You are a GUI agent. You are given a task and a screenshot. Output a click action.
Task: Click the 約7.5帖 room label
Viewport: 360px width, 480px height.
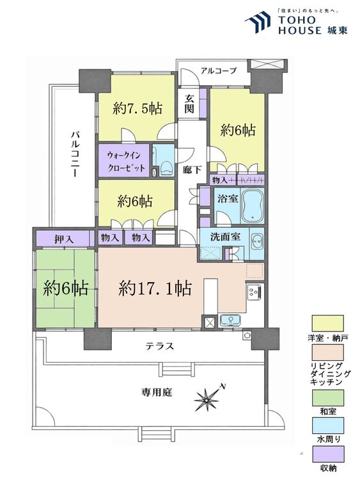point(137,108)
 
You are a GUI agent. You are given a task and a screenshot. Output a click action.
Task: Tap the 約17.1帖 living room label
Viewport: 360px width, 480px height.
point(155,289)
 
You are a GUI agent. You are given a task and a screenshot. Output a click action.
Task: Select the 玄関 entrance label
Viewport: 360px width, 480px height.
point(189,104)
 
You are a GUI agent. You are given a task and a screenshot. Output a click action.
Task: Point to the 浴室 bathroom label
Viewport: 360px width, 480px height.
point(228,198)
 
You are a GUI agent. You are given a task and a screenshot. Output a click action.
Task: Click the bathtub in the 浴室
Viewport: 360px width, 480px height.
point(253,205)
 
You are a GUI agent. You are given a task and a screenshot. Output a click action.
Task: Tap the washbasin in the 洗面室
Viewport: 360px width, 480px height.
point(256,243)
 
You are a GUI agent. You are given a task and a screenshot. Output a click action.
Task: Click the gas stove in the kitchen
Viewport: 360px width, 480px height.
point(254,291)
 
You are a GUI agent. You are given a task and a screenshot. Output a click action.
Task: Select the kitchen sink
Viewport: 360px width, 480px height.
point(231,321)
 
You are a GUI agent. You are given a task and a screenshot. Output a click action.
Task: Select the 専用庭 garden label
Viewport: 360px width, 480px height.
point(157,392)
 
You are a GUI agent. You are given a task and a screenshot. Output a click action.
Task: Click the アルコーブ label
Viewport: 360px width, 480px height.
point(219,70)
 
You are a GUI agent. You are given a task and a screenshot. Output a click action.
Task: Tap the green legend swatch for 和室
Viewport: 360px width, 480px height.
point(328,397)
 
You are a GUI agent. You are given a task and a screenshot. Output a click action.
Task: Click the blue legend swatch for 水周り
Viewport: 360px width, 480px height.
point(328,426)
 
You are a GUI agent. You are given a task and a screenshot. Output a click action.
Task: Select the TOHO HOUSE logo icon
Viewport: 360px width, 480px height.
point(258,22)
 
